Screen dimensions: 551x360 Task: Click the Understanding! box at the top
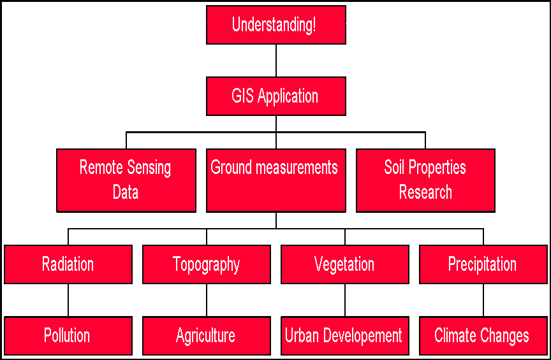276,25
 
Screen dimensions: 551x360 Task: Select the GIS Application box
276,96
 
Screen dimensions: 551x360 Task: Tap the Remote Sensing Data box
126,180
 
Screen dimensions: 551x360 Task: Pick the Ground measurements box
276,180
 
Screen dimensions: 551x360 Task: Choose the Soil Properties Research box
425,180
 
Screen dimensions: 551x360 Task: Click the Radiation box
68,264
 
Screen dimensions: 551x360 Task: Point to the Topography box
207,264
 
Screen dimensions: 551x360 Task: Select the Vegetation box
345,264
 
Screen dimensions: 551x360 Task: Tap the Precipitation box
483,264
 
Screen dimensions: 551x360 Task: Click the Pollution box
68,336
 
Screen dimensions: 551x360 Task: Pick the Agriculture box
207,336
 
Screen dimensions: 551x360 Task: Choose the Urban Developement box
345,336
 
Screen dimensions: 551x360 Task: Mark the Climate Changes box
483,336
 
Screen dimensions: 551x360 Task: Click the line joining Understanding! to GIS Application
276,61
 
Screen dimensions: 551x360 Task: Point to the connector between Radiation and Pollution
68,300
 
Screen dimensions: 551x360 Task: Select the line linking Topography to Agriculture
207,300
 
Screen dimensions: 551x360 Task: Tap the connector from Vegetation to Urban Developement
345,300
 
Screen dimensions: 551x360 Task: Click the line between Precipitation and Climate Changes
483,300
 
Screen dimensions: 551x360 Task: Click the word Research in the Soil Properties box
425,192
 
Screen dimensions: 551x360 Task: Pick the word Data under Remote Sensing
126,192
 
